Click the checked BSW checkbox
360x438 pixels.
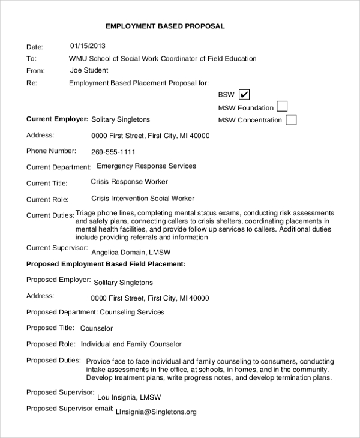tap(244, 95)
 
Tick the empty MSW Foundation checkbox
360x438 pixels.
tap(281, 107)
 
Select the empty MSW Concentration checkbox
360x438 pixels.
tap(291, 119)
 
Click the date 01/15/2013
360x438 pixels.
tap(88, 46)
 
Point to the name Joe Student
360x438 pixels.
tap(89, 70)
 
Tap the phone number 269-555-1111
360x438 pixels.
tap(113, 152)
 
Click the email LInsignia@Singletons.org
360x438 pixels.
tap(156, 412)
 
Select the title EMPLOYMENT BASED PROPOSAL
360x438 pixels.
tap(165, 26)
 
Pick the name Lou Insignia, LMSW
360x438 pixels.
tap(129, 397)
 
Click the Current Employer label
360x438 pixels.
tap(58, 119)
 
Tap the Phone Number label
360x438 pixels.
tap(52, 151)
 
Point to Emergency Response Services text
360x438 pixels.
tap(146, 166)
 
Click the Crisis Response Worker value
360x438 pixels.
tap(129, 181)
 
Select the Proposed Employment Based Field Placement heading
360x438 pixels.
tap(106, 263)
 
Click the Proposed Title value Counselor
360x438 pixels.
tap(96, 328)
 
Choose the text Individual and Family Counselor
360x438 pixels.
tap(131, 344)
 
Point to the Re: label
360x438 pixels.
tap(32, 83)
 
